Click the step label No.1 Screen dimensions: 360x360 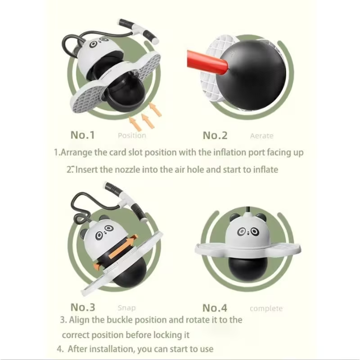pyautogui.click(x=83, y=135)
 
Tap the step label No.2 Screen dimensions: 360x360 pyautogui.click(x=215, y=135)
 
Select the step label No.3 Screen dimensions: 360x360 pyautogui.click(x=83, y=307)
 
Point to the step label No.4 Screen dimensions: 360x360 pyautogui.click(x=215, y=308)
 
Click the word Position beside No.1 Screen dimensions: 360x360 pyautogui.click(x=132, y=135)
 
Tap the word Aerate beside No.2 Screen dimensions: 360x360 pyautogui.click(x=262, y=136)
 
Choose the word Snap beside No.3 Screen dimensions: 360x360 pyautogui.click(x=126, y=308)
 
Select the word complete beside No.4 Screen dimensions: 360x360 pyautogui.click(x=266, y=309)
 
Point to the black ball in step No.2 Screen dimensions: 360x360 pyautogui.click(x=251, y=74)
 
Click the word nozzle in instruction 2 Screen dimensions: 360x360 pyautogui.click(x=127, y=170)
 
